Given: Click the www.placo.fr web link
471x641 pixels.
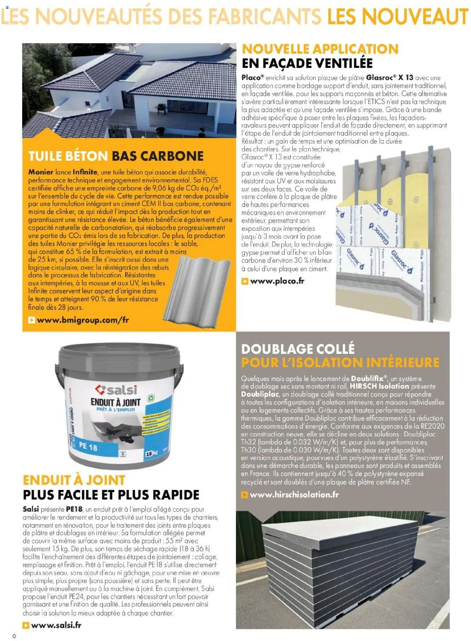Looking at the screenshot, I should pyautogui.click(x=277, y=281).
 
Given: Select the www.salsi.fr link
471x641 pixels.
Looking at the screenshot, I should pyautogui.click(x=56, y=625).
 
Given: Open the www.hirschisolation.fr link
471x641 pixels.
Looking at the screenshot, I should pyautogui.click(x=294, y=495).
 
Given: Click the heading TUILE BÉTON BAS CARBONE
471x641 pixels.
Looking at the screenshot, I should pyautogui.click(x=116, y=156).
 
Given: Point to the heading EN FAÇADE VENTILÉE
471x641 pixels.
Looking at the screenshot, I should pyautogui.click(x=307, y=63).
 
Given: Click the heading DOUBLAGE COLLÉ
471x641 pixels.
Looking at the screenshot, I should pyautogui.click(x=298, y=349).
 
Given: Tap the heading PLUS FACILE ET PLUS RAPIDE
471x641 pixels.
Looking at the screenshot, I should pyautogui.click(x=111, y=495).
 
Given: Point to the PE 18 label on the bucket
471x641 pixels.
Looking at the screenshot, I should pyautogui.click(x=88, y=447).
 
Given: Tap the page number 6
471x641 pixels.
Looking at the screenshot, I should pyautogui.click(x=14, y=636).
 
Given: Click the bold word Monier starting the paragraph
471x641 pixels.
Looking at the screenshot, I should pyautogui.click(x=41, y=172).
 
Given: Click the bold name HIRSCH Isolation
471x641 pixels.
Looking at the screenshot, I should pyautogui.click(x=379, y=386).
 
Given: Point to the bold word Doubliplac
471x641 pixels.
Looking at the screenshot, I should pyautogui.click(x=260, y=394).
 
